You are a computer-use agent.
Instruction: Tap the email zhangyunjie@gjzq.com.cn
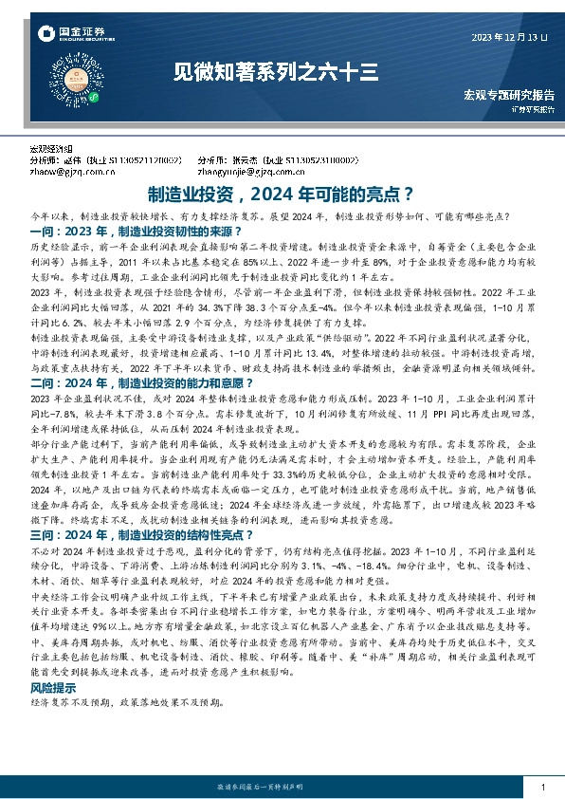pos(249,172)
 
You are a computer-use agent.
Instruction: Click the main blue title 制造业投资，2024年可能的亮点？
pos(282,195)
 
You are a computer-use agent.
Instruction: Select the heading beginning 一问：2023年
pos(129,231)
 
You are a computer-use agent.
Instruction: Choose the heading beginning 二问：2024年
pos(129,383)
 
